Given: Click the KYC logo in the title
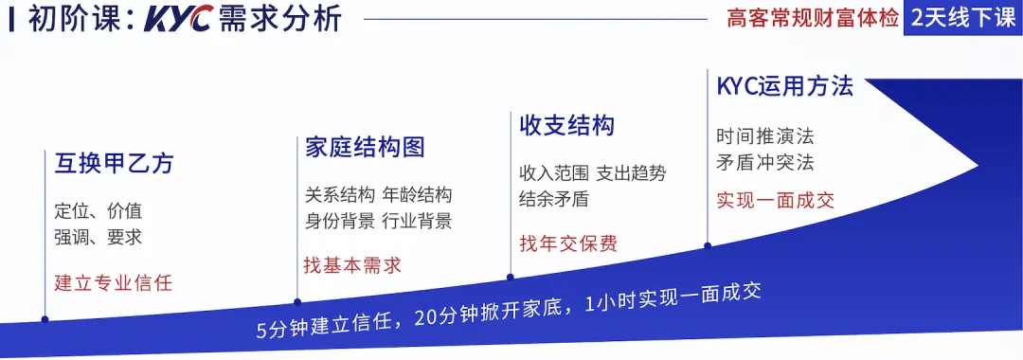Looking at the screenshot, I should pos(178,20).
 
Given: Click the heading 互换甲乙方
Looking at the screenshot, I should pos(114,163).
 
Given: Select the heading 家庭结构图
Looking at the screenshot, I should pos(365,147).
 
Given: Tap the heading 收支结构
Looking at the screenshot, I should pos(566,125).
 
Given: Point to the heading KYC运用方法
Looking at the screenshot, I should pos(784,87).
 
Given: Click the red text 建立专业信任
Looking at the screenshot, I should pos(114,282).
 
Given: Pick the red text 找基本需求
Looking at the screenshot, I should pos(352,265).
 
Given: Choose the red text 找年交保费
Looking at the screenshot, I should pos(568,243).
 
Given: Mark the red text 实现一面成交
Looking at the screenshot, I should pos(775,201).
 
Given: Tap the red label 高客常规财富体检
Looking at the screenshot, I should pos(813,19).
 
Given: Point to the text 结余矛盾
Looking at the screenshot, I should pos(554,199).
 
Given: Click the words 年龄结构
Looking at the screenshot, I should pos(417,195).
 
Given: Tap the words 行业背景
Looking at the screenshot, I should pos(417,222).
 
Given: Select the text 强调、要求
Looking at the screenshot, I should pos(99,237).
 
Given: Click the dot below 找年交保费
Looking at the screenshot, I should pos(511,278).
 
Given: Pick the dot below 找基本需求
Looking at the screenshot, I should pos(296,301).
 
